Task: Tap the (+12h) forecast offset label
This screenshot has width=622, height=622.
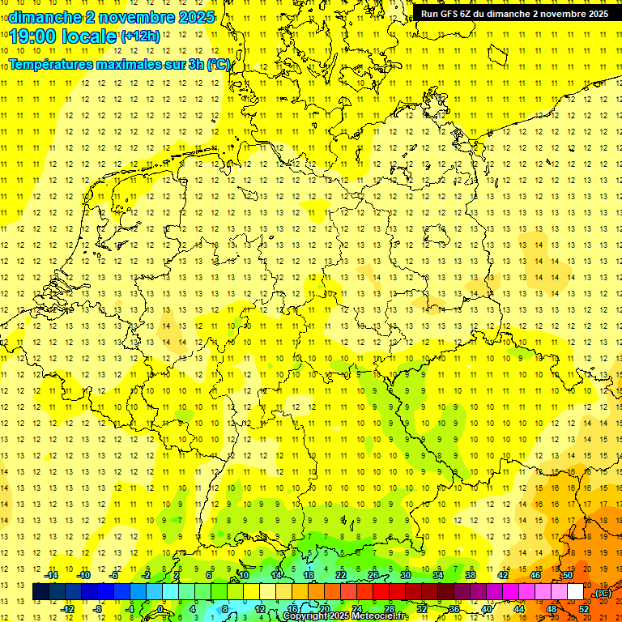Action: [x=140, y=36]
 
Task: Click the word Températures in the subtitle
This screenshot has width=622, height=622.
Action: [x=53, y=64]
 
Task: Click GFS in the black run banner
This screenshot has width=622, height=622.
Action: [x=451, y=14]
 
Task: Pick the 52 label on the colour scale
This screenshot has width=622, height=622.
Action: [x=584, y=608]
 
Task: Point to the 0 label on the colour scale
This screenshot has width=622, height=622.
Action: [x=160, y=608]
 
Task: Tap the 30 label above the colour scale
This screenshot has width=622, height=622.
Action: [x=405, y=575]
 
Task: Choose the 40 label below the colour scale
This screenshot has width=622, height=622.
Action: [x=486, y=608]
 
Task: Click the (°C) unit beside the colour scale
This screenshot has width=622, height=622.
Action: [x=603, y=593]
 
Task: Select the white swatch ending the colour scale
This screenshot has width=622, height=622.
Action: [x=575, y=592]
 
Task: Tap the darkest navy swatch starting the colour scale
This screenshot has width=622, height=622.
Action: [x=40, y=592]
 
